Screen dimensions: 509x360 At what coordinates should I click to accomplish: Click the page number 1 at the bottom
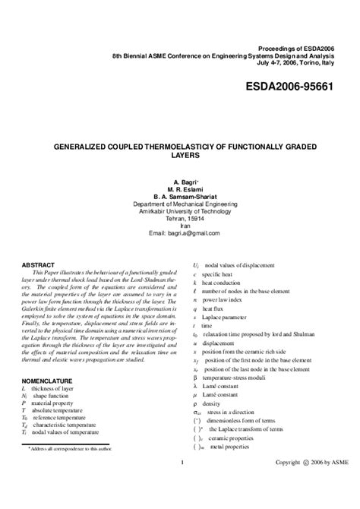[x=183, y=484]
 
